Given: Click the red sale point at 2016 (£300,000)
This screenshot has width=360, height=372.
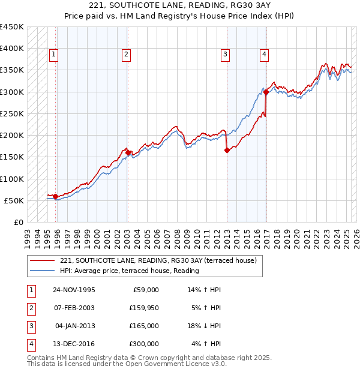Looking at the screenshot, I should pos(266,92).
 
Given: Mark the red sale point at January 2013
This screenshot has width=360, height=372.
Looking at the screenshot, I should pos(227,151).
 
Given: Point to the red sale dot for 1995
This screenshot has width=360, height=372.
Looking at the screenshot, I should pos(55,196).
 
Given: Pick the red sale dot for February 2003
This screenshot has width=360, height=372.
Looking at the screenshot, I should pos(128,153).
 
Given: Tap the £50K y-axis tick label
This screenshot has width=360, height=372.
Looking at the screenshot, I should pos(14,200).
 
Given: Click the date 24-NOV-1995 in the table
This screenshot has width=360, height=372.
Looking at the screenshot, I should pos(74,290).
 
